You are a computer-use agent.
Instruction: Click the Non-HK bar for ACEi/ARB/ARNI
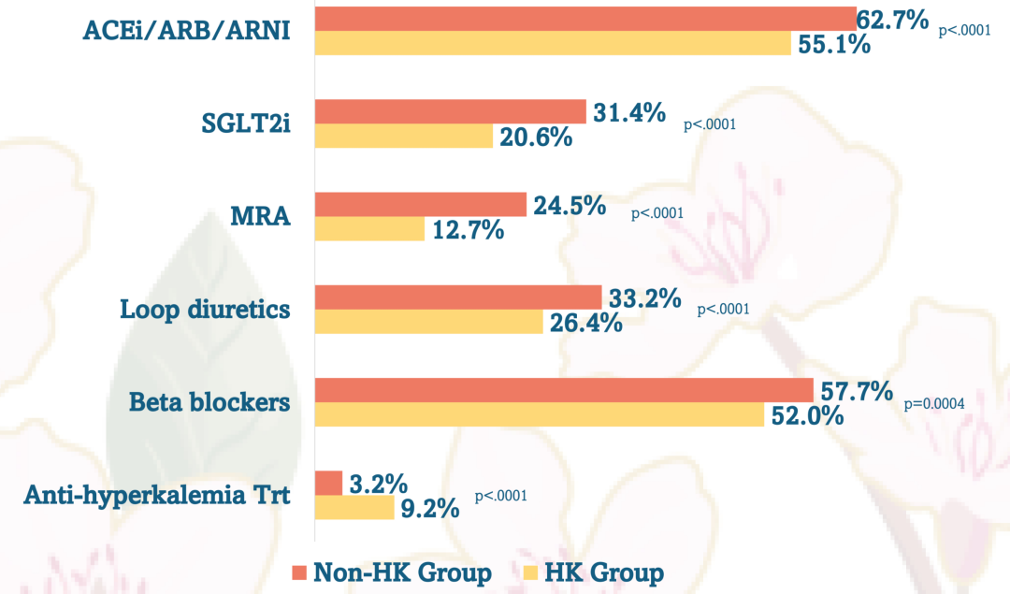(585, 19)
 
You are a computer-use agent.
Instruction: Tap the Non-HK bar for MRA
(421, 205)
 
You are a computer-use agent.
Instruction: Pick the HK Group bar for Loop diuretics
(428, 322)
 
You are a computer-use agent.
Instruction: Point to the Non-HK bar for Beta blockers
(564, 390)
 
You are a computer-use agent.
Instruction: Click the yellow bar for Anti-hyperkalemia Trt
(354, 508)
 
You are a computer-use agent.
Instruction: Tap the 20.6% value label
(534, 138)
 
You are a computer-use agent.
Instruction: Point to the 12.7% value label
(467, 229)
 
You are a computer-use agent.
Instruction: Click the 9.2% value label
(429, 509)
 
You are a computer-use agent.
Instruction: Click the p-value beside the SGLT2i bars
(710, 123)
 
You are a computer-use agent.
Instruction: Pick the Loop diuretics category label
(206, 310)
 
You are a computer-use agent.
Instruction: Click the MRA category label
(261, 217)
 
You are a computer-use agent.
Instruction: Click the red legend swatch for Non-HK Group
(299, 572)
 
